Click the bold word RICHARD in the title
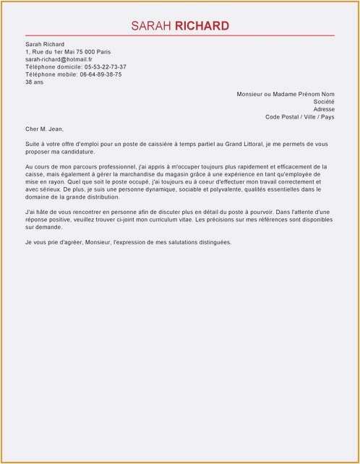coord(202,26)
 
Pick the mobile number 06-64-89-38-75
coord(100,74)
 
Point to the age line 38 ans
coord(34,82)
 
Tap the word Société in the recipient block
coord(325,102)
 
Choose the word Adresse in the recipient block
coord(324,109)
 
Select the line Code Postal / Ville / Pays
coord(300,116)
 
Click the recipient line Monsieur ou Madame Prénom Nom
coord(286,94)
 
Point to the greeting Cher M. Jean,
coord(44,129)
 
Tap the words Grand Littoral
coord(242,144)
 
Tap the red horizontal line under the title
coord(180,35)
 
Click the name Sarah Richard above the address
coord(45,44)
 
